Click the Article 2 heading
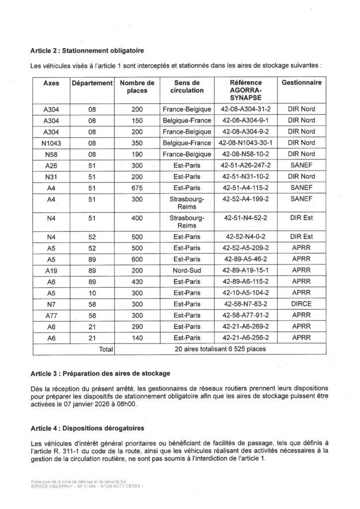pos(88,50)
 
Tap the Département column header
pos(92,83)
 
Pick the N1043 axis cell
pos(52,143)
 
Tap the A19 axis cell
pos(52,269)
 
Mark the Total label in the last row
pos(106,348)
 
